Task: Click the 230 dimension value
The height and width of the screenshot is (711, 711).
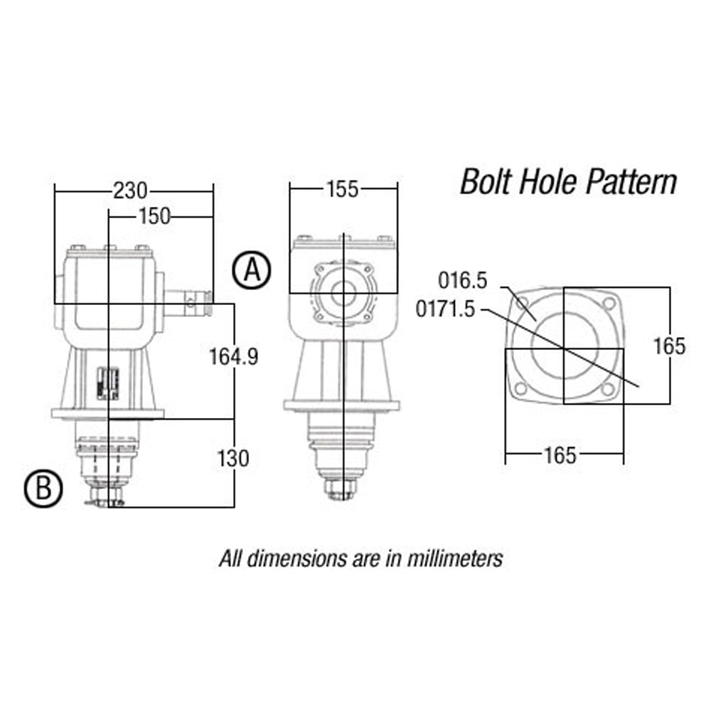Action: pos(131,191)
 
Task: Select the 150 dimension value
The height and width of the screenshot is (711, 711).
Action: pos(154,216)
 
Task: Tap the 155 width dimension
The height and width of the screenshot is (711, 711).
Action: pos(342,189)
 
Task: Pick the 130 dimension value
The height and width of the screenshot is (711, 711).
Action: pos(233,459)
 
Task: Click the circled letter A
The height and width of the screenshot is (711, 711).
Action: pos(252,271)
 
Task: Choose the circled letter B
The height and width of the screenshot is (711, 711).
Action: pos(43,489)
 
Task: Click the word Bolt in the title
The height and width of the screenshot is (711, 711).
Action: pos(488,183)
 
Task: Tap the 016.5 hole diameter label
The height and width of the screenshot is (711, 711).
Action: pos(462,281)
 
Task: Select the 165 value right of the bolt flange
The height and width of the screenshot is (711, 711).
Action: pos(670,346)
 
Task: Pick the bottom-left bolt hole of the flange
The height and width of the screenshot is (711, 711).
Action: pos(520,389)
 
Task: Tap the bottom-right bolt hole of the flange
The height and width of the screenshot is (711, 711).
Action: pos(606,389)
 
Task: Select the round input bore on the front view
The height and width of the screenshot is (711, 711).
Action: pos(345,292)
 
